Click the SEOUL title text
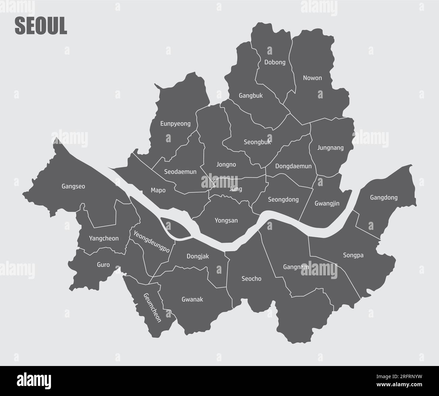(41, 26)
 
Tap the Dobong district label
(275, 62)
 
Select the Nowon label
(312, 78)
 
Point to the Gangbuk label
(251, 96)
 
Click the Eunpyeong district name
(175, 124)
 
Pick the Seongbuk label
(257, 142)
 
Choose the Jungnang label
(330, 148)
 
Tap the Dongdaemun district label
(293, 166)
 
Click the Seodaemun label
(180, 172)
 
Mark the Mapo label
(158, 190)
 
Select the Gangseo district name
(73, 186)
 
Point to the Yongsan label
(226, 221)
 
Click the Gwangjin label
(327, 204)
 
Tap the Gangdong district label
(384, 197)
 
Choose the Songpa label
(353, 255)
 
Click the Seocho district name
(251, 279)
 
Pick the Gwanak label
(192, 299)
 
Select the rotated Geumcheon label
(152, 307)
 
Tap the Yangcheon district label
(104, 239)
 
